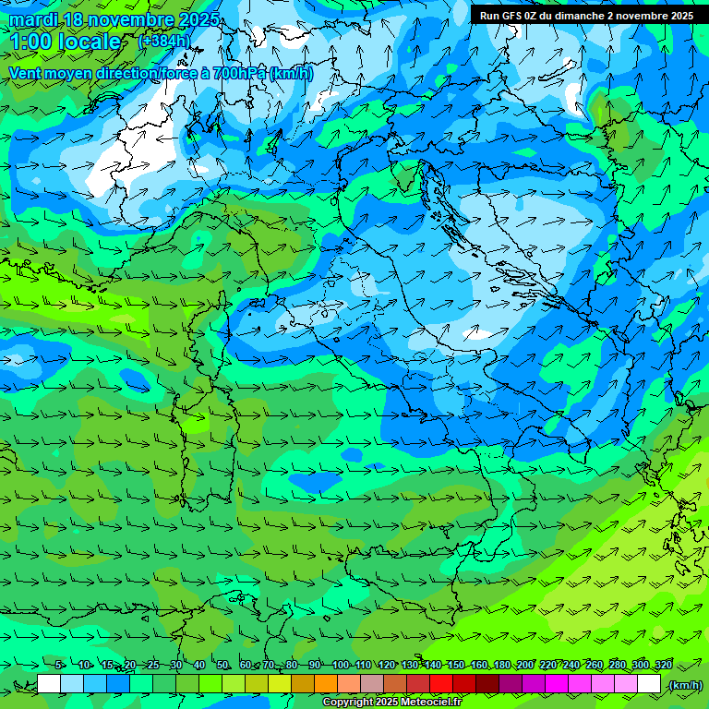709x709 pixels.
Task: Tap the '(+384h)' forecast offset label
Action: (164, 41)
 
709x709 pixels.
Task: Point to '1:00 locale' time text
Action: (65, 42)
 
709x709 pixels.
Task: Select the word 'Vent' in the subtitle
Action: (26, 73)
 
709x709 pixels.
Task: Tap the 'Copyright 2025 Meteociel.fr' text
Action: (398, 703)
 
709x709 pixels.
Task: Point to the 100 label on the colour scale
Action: (341, 666)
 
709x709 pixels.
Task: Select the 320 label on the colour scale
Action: (663, 666)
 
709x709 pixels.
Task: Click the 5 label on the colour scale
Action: (60, 666)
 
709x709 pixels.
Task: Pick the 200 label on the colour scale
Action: (525, 666)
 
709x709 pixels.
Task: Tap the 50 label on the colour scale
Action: (222, 666)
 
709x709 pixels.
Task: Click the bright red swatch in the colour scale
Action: (441, 684)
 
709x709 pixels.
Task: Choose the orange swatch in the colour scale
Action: (326, 684)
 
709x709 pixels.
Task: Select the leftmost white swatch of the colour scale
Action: (49, 684)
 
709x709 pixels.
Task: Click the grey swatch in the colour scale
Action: (372, 684)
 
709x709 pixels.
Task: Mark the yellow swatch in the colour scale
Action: (280, 684)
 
